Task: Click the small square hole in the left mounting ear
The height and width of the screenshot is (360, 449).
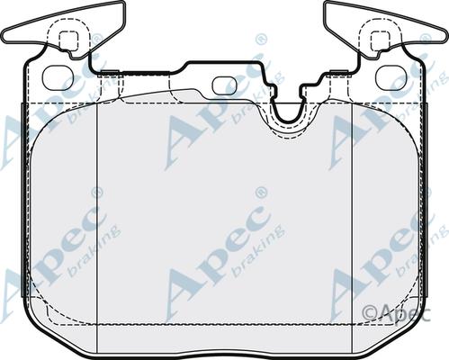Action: coord(67,40)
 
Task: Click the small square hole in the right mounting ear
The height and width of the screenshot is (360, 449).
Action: coord(379,40)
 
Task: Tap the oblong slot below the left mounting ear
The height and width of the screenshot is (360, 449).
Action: coord(57,77)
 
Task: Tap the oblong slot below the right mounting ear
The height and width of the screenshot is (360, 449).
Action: coord(390,77)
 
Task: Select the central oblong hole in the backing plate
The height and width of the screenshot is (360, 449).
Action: coord(223,85)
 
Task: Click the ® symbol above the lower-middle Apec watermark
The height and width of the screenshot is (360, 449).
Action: coord(261,192)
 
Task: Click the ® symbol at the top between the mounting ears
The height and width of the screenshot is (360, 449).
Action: coord(261,39)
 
